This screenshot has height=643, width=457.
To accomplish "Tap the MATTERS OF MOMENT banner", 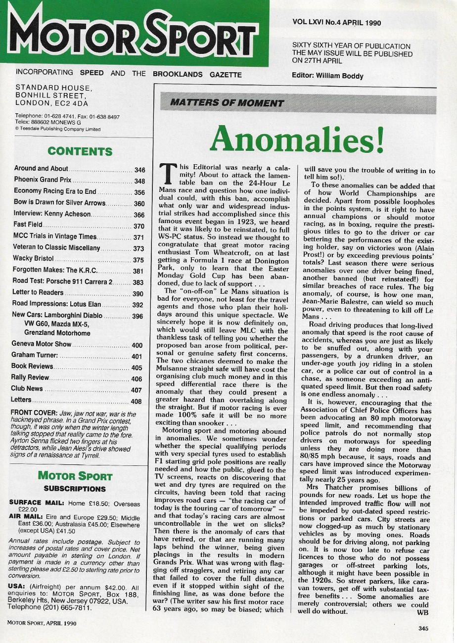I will pyautogui.click(x=227, y=103).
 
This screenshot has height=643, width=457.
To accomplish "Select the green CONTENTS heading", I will pyautogui.click(x=80, y=151).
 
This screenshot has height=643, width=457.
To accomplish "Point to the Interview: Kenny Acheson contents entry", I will pyautogui.click(x=52, y=214).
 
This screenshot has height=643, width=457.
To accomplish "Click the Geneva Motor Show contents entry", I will pyautogui.click(x=42, y=344).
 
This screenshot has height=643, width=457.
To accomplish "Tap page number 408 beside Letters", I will pyautogui.click(x=137, y=401).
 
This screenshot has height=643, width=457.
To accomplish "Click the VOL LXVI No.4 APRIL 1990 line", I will pyautogui.click(x=337, y=22).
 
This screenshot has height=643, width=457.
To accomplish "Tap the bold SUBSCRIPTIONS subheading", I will pyautogui.click(x=75, y=489).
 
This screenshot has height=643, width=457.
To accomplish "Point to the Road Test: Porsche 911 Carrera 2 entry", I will pyautogui.click(x=62, y=282).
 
